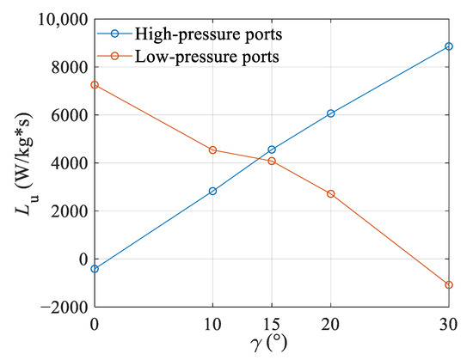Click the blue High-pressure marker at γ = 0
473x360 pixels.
pos(95,269)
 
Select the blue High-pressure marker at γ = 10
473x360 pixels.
pos(212,191)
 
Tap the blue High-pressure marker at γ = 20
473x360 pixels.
pos(331,113)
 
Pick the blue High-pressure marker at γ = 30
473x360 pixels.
pos(449,46)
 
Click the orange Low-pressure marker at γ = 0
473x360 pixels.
pos(95,85)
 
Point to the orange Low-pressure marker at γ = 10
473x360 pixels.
pos(212,150)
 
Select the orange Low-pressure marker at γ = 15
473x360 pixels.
pos(272,161)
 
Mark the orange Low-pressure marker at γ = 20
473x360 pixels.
pos(331,194)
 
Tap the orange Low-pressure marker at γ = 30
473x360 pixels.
pos(449,284)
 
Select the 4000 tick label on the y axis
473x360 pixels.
pos(69,163)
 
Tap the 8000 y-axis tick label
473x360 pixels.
pos(69,67)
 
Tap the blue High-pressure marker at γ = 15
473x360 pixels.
pos(272,149)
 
